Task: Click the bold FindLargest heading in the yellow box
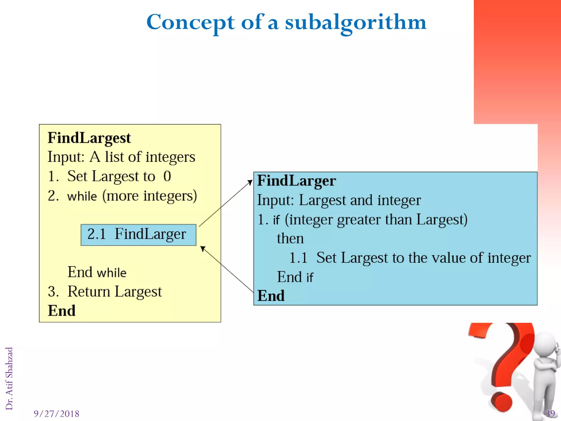coord(89,138)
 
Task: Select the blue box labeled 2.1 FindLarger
coord(138,235)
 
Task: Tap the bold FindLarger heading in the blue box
coord(296,181)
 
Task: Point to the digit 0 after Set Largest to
coord(167,176)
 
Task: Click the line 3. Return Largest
coord(105,291)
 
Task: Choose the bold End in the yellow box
coord(62,311)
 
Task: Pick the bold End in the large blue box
coord(271,296)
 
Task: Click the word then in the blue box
coord(290,238)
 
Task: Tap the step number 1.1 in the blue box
coord(298,258)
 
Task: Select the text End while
coord(97,272)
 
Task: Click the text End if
coord(295,277)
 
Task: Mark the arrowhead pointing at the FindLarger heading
coord(250,182)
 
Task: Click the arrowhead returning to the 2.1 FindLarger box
coord(203,248)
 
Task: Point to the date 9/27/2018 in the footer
coord(56,414)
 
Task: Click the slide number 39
coord(550,413)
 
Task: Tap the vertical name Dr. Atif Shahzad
coord(9,378)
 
